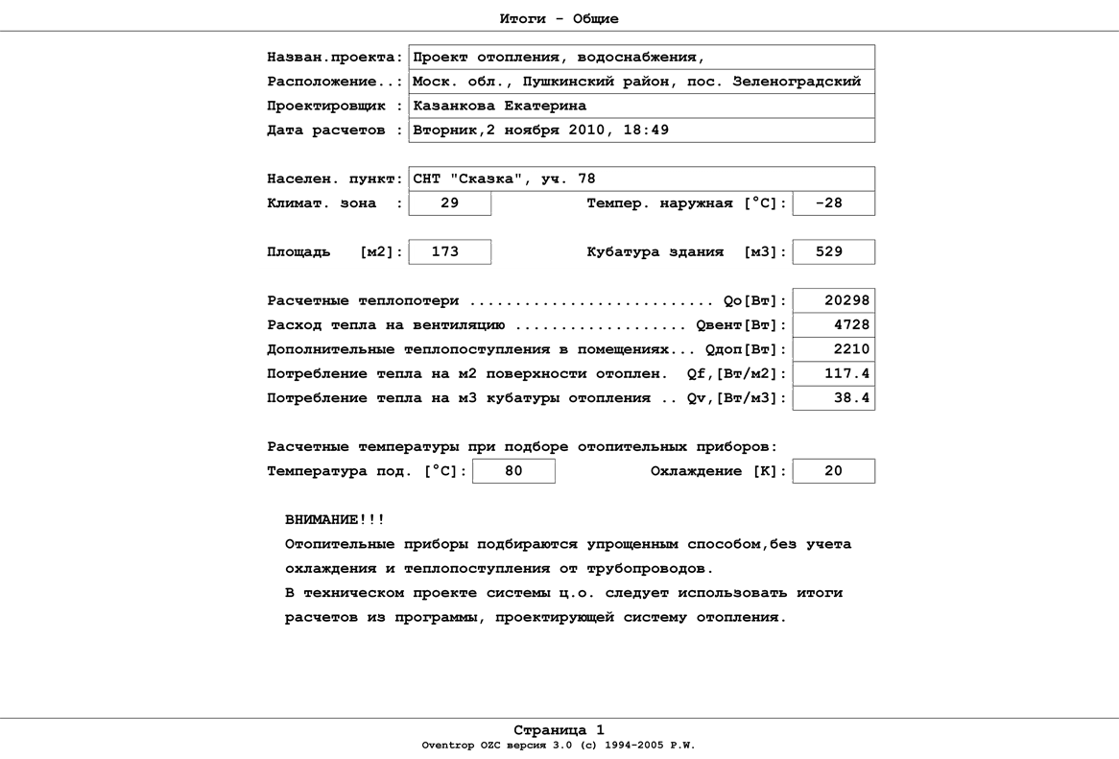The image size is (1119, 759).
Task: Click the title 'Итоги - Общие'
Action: coord(559,18)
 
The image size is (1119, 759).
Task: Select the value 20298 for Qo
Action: coord(845,300)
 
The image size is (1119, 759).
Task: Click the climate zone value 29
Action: coord(449,203)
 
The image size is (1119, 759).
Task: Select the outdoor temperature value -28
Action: coord(828,203)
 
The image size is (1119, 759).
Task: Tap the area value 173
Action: coord(445,251)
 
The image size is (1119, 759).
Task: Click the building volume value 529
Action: coord(828,251)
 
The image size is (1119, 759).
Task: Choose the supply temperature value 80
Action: coord(513,471)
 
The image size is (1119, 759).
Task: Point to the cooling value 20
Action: coord(833,471)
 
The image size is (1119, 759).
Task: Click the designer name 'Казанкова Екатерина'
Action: coord(499,106)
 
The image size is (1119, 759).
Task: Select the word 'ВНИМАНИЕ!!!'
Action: coord(335,520)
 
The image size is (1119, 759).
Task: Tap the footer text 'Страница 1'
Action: coord(559,730)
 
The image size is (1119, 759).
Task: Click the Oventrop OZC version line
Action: coord(559,746)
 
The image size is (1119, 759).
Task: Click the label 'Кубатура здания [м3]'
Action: coord(686,251)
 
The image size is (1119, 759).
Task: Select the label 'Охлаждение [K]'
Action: coord(718,471)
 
